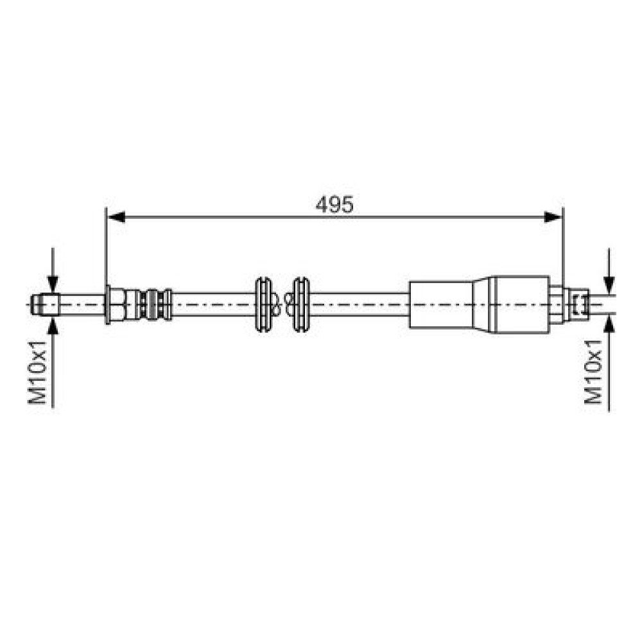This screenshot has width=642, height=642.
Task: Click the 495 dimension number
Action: click(x=334, y=204)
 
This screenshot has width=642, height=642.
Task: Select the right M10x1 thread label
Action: click(x=593, y=372)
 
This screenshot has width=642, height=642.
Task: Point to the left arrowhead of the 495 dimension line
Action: click(x=116, y=217)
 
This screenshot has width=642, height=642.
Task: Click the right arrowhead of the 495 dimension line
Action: click(x=553, y=217)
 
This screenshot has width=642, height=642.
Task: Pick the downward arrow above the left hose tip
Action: click(x=53, y=270)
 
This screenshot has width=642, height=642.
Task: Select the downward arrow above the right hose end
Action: click(x=609, y=271)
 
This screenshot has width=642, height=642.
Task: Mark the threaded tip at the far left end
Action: click(x=46, y=304)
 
